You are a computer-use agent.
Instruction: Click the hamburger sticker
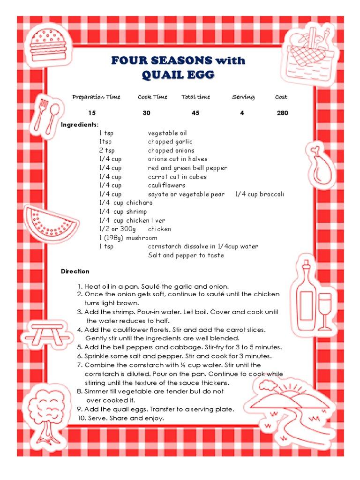[47, 45]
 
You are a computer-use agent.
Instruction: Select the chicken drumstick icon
[322, 164]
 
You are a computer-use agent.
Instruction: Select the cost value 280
[282, 113]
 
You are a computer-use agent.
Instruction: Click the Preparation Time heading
[96, 97]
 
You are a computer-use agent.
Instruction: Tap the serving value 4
[242, 113]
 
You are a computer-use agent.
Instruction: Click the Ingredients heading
[80, 124]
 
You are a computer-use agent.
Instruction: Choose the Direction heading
[75, 271]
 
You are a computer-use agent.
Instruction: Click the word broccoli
[272, 194]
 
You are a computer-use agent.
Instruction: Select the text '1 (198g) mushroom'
[128, 238]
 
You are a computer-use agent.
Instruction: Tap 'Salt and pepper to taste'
[186, 255]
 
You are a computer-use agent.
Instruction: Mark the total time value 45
[195, 113]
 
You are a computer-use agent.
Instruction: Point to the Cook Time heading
[152, 97]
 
